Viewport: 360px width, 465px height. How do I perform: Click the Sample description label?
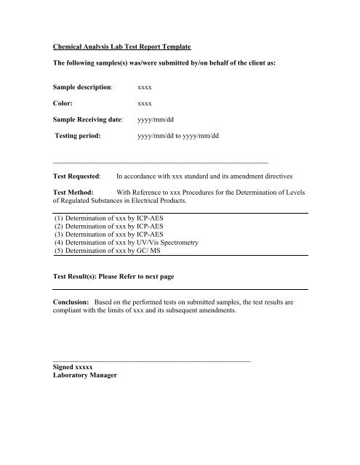tap(84, 86)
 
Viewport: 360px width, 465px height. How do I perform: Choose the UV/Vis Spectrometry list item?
tap(126, 244)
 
